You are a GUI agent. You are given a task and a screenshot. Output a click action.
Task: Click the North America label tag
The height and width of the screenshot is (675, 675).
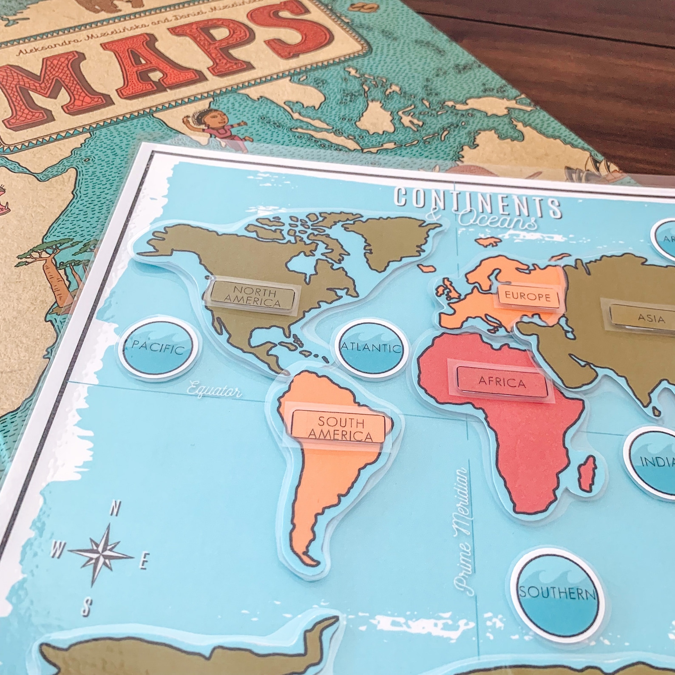pyautogui.click(x=252, y=294)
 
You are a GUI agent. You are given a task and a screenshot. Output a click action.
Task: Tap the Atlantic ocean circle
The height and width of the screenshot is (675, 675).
pyautogui.click(x=371, y=349)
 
